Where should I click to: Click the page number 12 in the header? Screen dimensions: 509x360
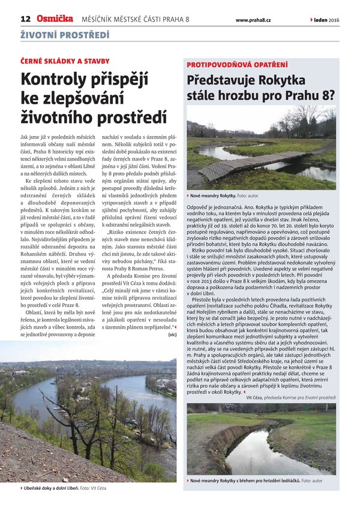pyautogui.click(x=25, y=19)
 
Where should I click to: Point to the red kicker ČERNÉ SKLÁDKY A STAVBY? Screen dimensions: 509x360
pyautogui.click(x=65, y=61)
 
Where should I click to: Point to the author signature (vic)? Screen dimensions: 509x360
pyautogui.click(x=172, y=336)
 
